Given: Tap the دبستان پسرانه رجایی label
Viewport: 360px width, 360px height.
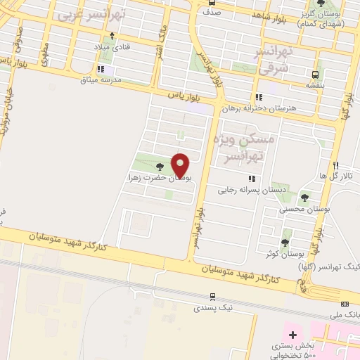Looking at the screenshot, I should tap(242, 189).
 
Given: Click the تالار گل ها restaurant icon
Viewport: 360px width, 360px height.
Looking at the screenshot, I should tap(336, 165).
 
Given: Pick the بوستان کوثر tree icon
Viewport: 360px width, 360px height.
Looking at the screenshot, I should tap(285, 234).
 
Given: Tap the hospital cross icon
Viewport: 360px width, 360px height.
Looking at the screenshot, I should tap(292, 334).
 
